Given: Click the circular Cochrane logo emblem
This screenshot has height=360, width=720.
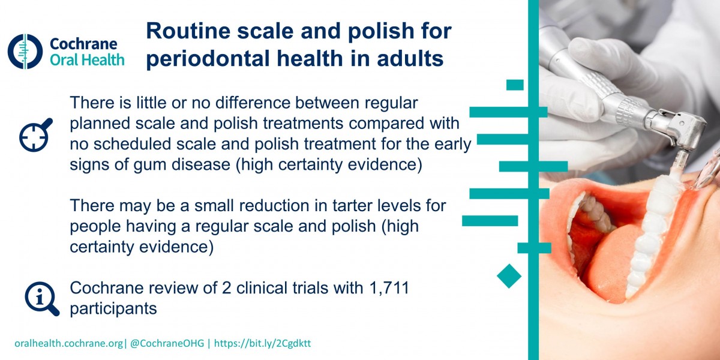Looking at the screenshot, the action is tap(25, 52).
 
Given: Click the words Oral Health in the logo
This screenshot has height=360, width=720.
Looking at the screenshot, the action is tap(87, 60).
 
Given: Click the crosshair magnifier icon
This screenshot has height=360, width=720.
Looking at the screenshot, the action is tap(35, 135).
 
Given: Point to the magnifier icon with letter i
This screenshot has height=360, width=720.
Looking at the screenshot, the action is tap(42, 299).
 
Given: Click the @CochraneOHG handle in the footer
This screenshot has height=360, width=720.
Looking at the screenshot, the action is tap(167, 343).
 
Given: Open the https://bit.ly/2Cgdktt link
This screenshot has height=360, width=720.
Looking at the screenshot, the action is tap(262, 343).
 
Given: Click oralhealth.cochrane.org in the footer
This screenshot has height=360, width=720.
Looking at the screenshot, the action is tap(69, 344).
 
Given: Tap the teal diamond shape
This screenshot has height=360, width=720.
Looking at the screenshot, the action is tap(509, 276).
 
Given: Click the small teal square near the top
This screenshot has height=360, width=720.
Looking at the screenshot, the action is tap(515, 85).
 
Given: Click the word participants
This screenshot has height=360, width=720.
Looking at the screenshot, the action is tap(113, 309).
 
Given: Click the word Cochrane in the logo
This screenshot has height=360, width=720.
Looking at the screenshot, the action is tap(83, 44).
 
